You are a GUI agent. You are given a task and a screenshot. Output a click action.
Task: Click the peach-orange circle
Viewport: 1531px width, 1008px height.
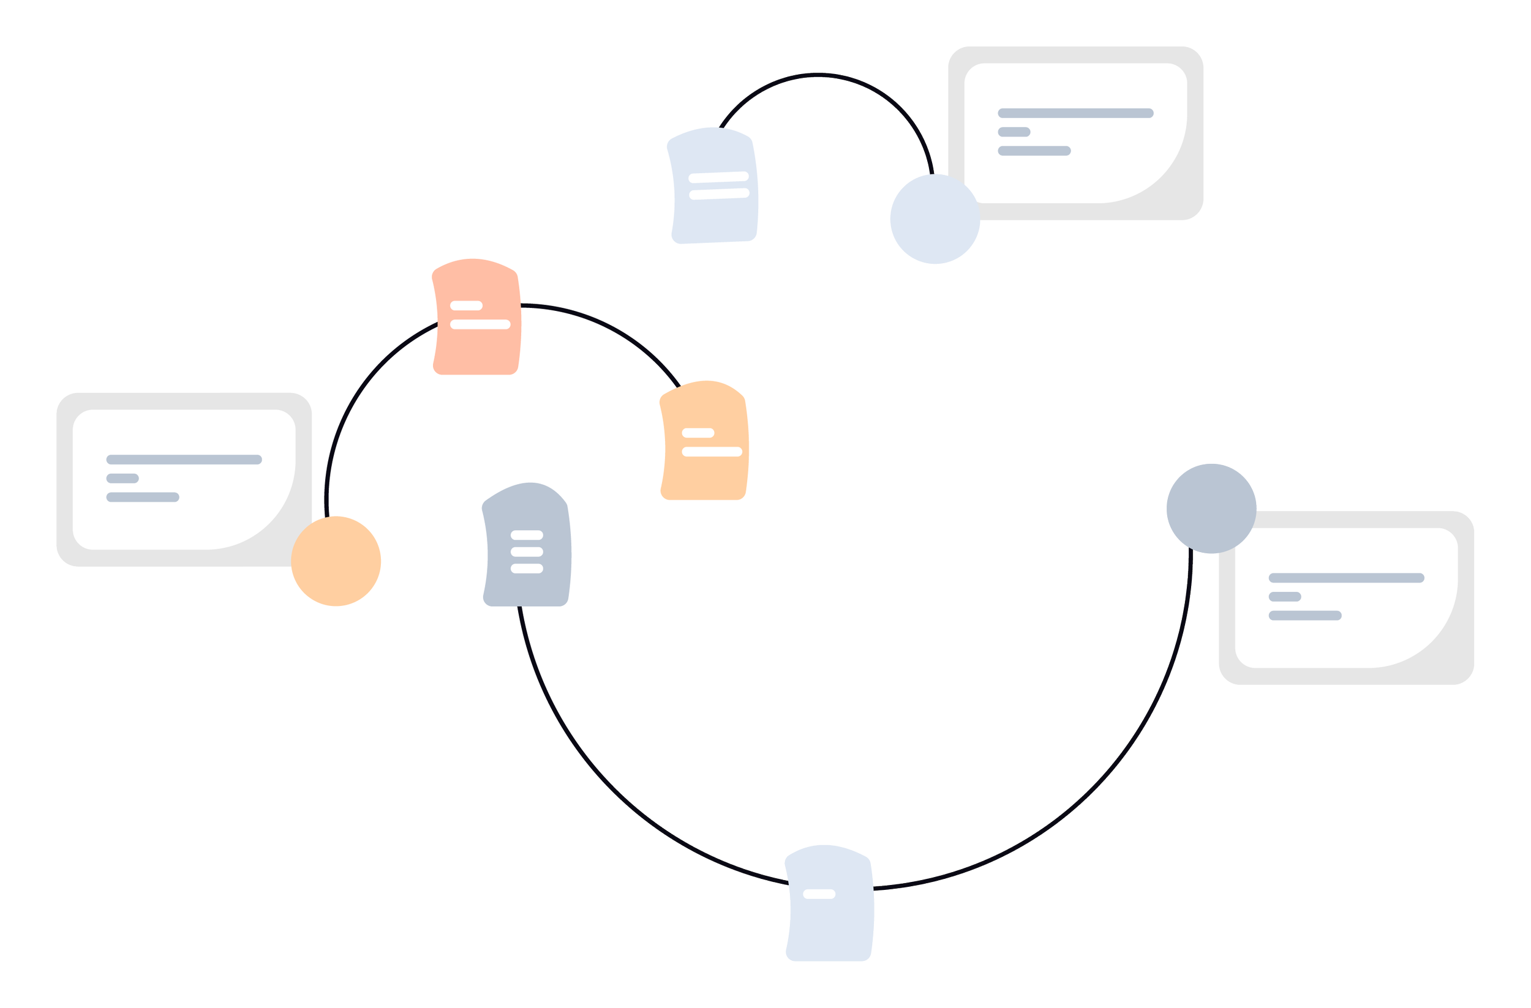click(x=336, y=561)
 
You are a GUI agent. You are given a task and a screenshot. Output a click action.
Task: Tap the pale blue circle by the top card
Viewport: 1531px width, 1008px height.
click(x=935, y=219)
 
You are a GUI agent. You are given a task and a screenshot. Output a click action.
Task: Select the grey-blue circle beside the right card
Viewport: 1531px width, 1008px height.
click(x=1211, y=509)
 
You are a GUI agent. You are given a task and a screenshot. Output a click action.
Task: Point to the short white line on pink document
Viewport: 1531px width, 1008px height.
click(x=467, y=305)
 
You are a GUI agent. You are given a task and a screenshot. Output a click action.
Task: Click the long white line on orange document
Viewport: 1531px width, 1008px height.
click(x=712, y=452)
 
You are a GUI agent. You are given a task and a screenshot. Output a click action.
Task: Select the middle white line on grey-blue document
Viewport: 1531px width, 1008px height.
click(x=527, y=551)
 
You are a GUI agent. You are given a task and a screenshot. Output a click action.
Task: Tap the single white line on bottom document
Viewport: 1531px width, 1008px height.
click(x=819, y=894)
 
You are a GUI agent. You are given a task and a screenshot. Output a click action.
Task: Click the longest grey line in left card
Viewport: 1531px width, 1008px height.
click(x=184, y=460)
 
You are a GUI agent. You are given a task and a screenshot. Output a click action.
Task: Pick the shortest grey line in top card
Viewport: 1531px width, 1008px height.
click(x=1014, y=132)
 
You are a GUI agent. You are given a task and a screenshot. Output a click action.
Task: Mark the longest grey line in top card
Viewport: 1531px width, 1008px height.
click(x=1075, y=113)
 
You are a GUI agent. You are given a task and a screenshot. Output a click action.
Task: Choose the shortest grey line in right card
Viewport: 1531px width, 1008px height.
click(x=1285, y=597)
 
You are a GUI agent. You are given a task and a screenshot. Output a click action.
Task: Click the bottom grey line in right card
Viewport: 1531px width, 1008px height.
click(x=1304, y=615)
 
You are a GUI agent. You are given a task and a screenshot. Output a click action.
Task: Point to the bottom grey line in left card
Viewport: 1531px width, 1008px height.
click(x=143, y=497)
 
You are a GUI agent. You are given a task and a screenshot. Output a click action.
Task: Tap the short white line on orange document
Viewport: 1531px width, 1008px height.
click(x=698, y=433)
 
